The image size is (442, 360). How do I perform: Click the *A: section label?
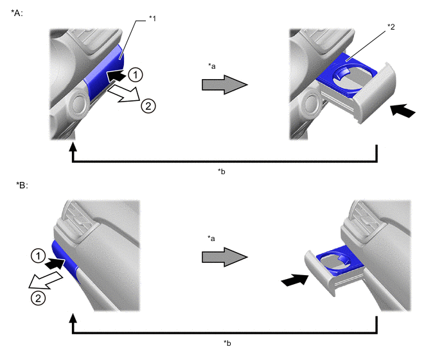[x=17, y=14]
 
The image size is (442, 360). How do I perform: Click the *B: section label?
[x=22, y=185]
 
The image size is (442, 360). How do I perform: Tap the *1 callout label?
[x=152, y=19]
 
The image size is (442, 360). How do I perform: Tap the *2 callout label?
[x=391, y=27]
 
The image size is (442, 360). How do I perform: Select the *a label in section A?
[x=212, y=66]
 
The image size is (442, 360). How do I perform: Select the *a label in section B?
[x=211, y=239]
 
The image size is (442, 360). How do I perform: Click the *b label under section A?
[x=222, y=172]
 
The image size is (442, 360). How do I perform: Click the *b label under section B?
[x=227, y=343]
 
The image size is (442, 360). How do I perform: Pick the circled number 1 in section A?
[x=136, y=75]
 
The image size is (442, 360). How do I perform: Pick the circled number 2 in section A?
[x=148, y=106]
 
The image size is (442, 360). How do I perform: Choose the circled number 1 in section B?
[x=38, y=256]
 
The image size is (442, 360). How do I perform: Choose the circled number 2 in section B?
[x=38, y=298]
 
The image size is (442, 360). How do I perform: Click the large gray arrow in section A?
[x=225, y=84]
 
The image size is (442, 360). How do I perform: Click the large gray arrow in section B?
[x=225, y=256]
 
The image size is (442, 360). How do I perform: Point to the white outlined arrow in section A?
[x=124, y=94]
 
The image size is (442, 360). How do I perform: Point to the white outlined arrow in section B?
[x=45, y=280]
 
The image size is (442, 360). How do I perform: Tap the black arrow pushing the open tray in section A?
[x=403, y=111]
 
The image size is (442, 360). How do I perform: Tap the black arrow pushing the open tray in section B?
[x=295, y=280]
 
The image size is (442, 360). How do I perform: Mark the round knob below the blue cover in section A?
[x=78, y=104]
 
